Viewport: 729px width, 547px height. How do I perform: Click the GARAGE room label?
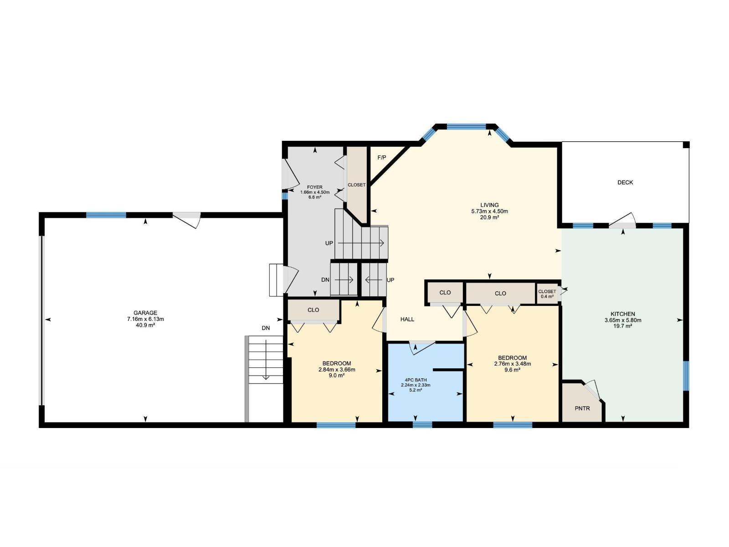click(x=145, y=313)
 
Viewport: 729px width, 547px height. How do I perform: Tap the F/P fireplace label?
click(x=382, y=157)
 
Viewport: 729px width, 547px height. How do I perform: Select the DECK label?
click(x=625, y=182)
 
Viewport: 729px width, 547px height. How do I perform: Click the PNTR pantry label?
click(x=582, y=408)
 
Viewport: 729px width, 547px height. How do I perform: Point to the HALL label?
click(x=407, y=319)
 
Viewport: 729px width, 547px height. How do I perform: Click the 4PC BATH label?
click(x=416, y=380)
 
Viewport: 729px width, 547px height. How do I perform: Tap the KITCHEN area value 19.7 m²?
click(x=623, y=326)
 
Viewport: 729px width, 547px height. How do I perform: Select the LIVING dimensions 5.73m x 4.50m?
click(x=489, y=211)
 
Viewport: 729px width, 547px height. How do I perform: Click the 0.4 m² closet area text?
click(x=547, y=296)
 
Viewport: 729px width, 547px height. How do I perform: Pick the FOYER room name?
click(x=314, y=187)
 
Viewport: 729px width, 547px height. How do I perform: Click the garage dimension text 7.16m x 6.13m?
click(x=145, y=319)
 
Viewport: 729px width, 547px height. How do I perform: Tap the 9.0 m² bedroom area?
click(x=336, y=375)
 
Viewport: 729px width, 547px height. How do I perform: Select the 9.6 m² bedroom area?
click(x=512, y=370)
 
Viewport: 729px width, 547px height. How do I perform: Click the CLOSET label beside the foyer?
click(x=356, y=185)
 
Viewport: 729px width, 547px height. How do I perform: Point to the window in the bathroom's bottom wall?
click(x=422, y=424)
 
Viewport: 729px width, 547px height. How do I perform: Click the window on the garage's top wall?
click(x=106, y=215)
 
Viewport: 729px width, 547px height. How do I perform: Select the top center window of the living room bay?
click(x=467, y=126)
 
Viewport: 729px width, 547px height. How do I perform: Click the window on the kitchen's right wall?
click(x=686, y=376)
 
